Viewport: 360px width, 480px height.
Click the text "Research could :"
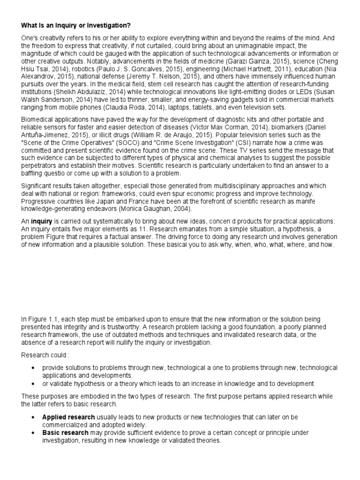point(44,355)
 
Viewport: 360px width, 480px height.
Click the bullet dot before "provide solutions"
point(33,368)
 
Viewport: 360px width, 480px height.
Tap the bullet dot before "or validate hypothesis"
point(33,383)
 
